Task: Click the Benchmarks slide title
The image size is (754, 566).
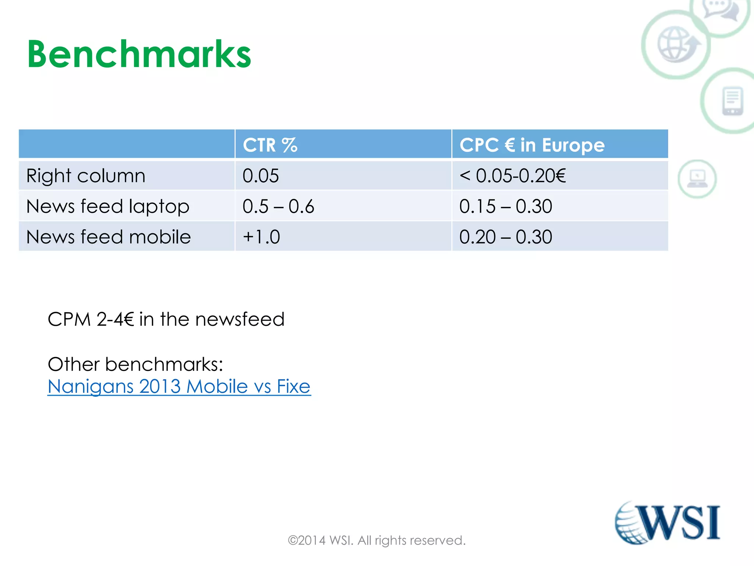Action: click(x=139, y=55)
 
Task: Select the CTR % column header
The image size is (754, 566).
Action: click(x=270, y=145)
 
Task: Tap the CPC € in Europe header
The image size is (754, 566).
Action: click(x=532, y=145)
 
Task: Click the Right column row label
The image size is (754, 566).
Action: click(x=86, y=176)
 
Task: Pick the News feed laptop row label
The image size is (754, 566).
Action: click(x=108, y=206)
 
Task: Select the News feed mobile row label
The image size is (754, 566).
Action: click(x=109, y=237)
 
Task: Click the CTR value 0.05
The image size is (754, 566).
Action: click(x=261, y=176)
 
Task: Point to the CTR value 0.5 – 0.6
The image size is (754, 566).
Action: click(x=278, y=206)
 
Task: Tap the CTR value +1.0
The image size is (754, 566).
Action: click(x=261, y=237)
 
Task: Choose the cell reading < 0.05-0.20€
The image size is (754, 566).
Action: click(x=512, y=176)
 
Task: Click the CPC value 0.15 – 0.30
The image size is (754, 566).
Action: click(x=505, y=206)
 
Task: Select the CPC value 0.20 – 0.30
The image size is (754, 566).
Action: click(x=505, y=237)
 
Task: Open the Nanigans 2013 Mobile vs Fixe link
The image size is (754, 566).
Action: click(x=179, y=387)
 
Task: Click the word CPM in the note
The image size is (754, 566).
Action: click(x=69, y=319)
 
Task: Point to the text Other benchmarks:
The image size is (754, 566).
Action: click(x=135, y=364)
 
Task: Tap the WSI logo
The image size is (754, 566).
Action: click(x=667, y=523)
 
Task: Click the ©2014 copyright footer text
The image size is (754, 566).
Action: click(x=377, y=541)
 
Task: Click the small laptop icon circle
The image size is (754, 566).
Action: click(x=697, y=179)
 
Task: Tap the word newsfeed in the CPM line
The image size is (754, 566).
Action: click(x=240, y=319)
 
